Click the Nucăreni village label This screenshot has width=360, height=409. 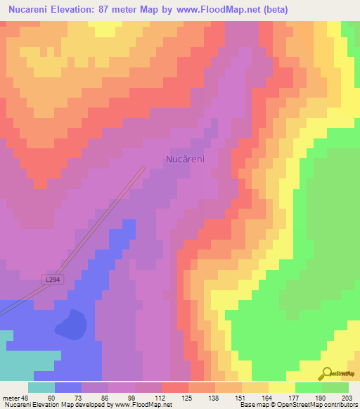tap(185, 160)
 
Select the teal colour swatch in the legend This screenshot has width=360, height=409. tap(41, 387)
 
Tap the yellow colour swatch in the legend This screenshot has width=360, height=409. tap(282, 387)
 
